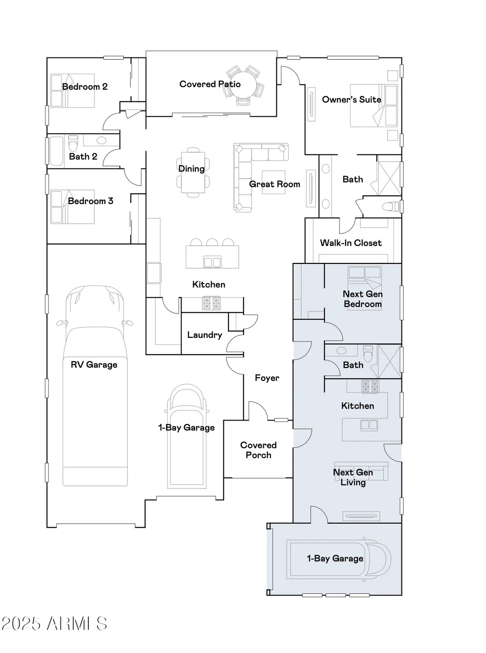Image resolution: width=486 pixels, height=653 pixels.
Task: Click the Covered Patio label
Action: point(210,84)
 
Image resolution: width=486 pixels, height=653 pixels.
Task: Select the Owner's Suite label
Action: point(351,100)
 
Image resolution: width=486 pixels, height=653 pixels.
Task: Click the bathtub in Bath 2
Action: point(56,151)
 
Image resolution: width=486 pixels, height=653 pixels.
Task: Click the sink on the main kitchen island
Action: point(212,262)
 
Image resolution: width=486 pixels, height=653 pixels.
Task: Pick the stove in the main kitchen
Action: point(211,303)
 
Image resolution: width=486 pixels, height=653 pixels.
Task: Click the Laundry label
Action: point(204,335)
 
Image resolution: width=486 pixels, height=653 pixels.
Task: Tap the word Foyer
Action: point(267,378)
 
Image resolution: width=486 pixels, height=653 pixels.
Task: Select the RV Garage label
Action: point(94,365)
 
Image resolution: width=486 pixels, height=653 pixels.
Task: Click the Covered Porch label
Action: point(258,450)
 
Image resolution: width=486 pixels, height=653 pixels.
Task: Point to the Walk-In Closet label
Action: point(351,243)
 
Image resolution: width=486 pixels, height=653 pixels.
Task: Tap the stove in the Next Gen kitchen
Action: point(370,386)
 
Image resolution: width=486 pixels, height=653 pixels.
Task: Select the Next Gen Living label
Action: point(353,477)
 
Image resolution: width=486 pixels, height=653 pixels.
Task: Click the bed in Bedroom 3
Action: point(72,207)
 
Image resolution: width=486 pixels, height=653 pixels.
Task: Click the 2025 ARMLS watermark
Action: point(54,624)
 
